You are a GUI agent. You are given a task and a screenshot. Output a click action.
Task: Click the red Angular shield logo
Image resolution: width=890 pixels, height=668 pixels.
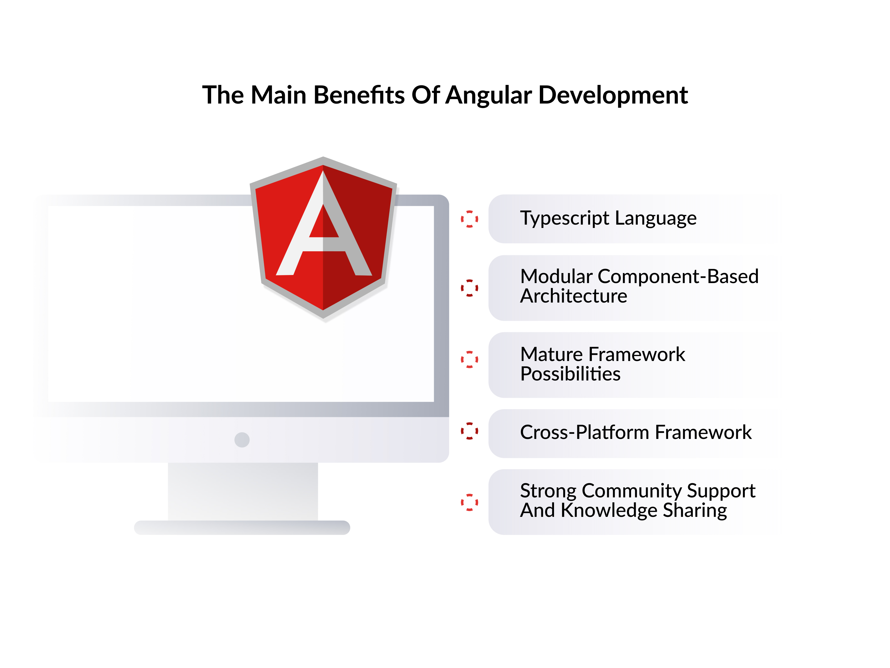(x=323, y=238)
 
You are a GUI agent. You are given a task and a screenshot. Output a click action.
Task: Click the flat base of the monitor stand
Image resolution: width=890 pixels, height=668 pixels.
(x=242, y=527)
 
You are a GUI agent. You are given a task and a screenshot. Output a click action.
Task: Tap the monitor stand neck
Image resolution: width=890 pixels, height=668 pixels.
(x=243, y=491)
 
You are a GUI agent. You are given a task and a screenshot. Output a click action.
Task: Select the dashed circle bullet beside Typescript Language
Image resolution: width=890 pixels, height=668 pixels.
(x=469, y=219)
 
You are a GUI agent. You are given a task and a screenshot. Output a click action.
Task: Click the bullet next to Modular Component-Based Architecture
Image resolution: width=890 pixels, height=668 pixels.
(x=469, y=288)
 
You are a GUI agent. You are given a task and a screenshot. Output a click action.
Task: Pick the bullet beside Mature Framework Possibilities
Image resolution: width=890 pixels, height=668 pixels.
(x=469, y=359)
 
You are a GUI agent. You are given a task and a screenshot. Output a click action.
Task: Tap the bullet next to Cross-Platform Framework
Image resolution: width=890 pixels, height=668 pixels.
(x=469, y=431)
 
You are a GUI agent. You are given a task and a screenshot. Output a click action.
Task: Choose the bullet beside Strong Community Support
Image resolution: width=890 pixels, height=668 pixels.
(x=469, y=502)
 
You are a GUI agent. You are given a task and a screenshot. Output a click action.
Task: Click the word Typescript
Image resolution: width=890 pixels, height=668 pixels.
(x=565, y=219)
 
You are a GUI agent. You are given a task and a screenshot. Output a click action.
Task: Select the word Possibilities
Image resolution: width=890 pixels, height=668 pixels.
(x=570, y=374)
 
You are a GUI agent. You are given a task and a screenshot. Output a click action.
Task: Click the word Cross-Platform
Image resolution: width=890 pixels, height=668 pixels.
(x=585, y=432)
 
